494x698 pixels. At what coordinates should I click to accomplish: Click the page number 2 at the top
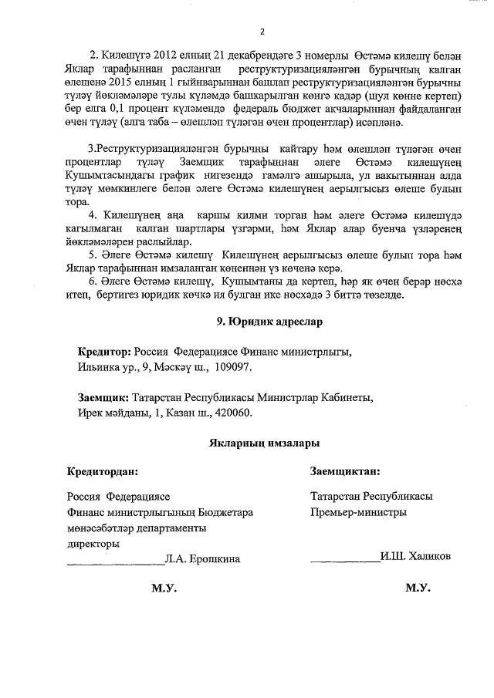(262, 32)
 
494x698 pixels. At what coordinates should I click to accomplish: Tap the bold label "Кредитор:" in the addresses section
(105, 352)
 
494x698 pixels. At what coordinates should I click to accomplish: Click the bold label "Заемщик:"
(104, 398)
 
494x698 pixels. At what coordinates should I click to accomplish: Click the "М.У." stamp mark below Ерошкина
(164, 588)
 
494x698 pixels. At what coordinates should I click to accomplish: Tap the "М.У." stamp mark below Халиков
(418, 588)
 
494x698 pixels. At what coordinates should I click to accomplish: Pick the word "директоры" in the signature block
(93, 543)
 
